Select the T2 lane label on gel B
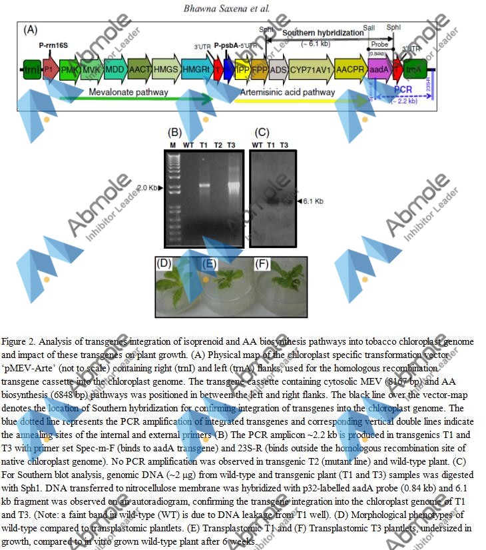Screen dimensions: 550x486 click(216, 145)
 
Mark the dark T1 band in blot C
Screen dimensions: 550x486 click(272, 199)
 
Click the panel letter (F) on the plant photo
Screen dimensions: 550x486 click(262, 263)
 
